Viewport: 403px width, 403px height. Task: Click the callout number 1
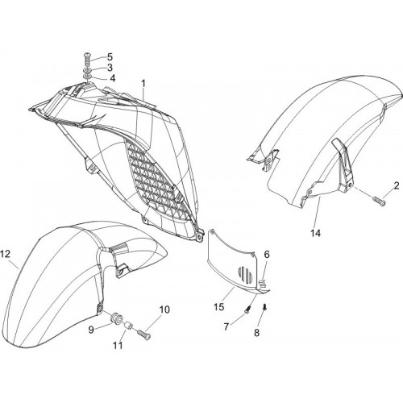[x=143, y=84]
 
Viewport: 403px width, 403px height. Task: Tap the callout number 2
[x=397, y=186]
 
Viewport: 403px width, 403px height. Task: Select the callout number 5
[x=110, y=57]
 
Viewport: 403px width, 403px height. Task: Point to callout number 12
[x=6, y=254]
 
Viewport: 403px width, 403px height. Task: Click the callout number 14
[x=316, y=233]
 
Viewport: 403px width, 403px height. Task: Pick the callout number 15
[x=219, y=307]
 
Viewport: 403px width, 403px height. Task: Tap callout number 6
[x=267, y=254]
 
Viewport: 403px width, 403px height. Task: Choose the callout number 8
[x=257, y=333]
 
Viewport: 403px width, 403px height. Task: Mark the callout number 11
[x=118, y=345]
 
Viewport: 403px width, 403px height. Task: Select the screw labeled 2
[x=379, y=201]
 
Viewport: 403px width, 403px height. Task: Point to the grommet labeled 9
[x=116, y=318]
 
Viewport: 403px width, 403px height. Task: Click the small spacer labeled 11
[x=128, y=327]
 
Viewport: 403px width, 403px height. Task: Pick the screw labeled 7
[x=248, y=308]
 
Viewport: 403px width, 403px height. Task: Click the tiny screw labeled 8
[x=265, y=306]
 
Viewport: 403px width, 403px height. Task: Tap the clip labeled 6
[x=263, y=283]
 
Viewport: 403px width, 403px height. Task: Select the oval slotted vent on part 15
[x=246, y=274]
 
